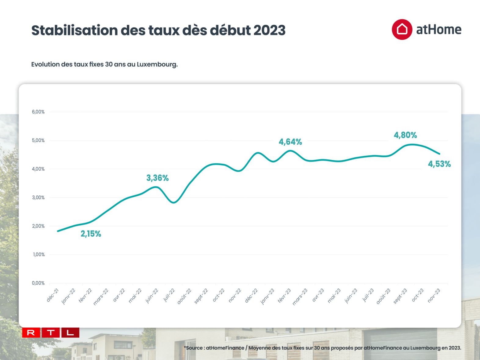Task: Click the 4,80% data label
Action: tap(405, 135)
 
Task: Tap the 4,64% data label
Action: tap(290, 142)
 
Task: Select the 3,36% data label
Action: tap(157, 178)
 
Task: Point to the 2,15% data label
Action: tap(91, 234)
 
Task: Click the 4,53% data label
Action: tap(439, 164)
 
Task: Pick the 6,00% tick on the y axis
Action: tap(38, 112)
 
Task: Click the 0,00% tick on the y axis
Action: tap(38, 283)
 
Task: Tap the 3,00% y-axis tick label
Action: tap(38, 198)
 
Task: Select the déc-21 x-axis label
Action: tap(53, 295)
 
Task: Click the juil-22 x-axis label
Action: tap(169, 295)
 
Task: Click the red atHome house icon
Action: tap(402, 30)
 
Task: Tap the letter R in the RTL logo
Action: tap(31, 333)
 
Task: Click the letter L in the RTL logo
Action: tap(70, 333)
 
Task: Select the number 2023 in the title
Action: tap(269, 30)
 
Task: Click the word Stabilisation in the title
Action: tap(75, 30)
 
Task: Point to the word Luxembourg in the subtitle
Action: tap(157, 64)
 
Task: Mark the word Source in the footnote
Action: tap(194, 348)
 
